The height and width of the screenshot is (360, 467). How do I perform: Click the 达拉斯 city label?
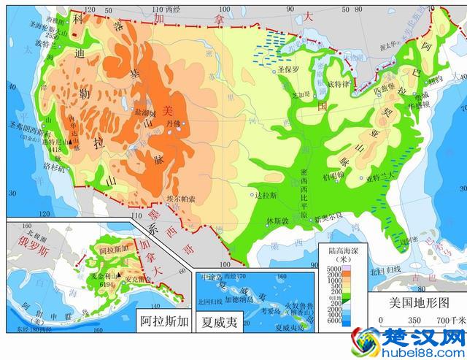268,195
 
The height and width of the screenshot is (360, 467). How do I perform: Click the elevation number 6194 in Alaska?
107,283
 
